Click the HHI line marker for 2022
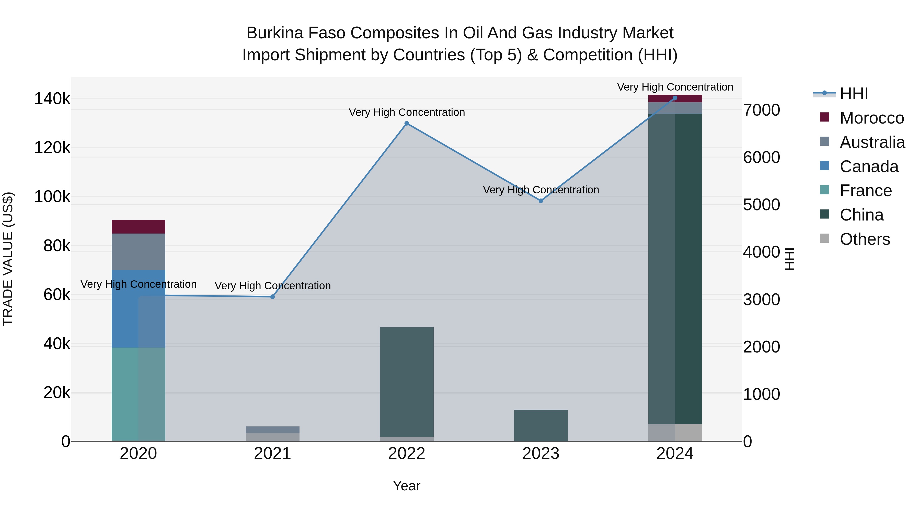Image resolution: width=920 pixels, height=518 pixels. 406,123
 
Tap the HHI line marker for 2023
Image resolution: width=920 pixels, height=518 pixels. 541,201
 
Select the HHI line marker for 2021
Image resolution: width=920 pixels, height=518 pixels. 272,297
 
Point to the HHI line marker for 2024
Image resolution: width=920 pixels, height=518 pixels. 675,98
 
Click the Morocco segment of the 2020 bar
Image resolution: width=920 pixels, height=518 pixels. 139,227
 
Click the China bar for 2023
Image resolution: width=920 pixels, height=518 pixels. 541,425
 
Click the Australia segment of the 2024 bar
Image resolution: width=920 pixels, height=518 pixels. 675,108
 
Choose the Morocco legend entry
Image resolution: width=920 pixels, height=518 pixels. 872,118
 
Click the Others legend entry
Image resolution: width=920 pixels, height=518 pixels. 865,239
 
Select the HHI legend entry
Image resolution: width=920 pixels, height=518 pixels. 854,94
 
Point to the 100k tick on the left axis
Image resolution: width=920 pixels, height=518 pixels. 52,197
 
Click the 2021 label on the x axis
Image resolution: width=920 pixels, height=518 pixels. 272,454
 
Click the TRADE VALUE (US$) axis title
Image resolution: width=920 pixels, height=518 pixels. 8,259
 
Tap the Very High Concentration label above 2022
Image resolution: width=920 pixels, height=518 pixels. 406,112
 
